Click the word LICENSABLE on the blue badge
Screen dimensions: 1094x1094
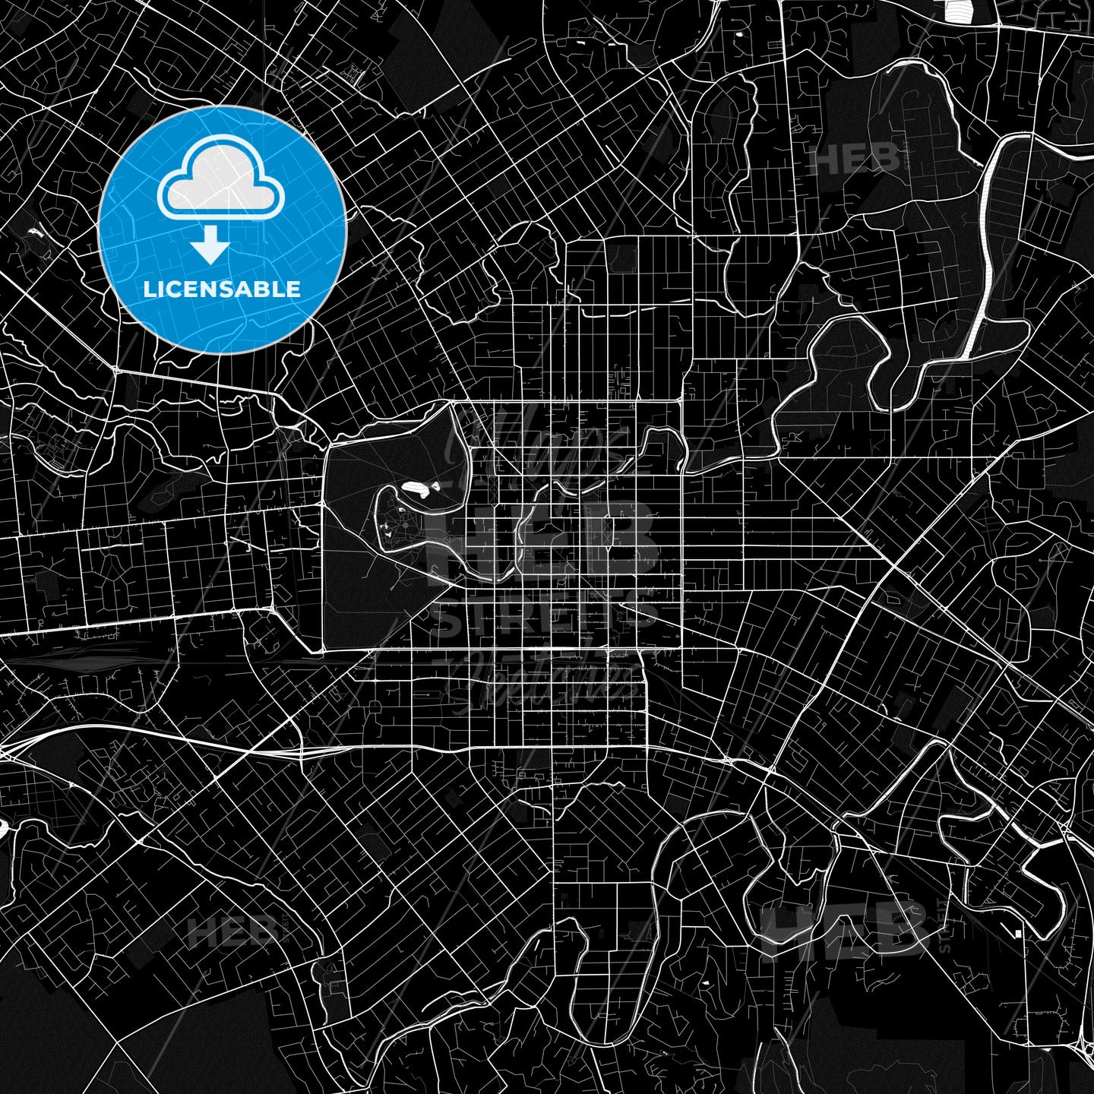pyautogui.click(x=221, y=289)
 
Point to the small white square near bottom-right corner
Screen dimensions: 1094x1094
pyautogui.click(x=1017, y=932)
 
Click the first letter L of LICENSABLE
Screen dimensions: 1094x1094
pyautogui.click(x=148, y=289)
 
